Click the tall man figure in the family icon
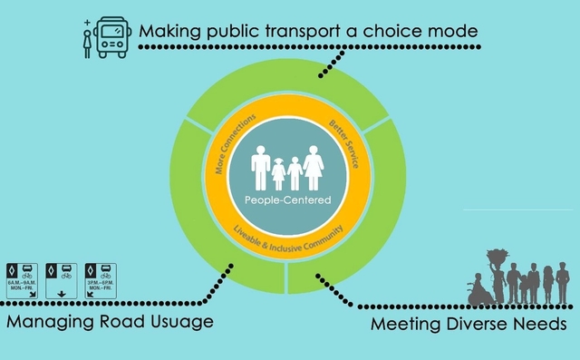[261, 168]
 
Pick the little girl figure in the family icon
[278, 173]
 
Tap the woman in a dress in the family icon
[314, 168]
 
